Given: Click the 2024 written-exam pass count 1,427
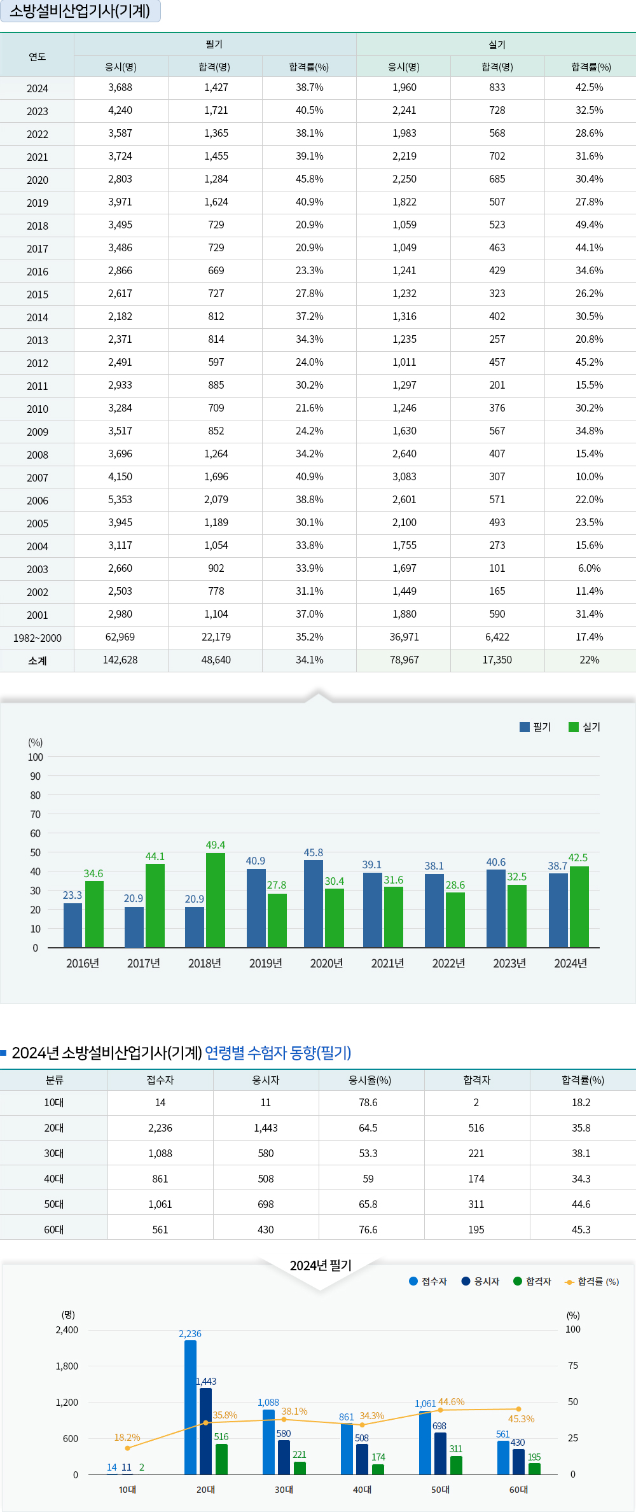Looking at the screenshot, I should [216, 88].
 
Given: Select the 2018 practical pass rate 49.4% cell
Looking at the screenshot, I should [589, 225].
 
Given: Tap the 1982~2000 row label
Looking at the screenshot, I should [37, 638].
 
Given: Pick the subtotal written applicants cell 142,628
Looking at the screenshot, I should [120, 660].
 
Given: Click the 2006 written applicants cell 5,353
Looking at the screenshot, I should [120, 500].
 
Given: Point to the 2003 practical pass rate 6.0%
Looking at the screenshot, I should [589, 569].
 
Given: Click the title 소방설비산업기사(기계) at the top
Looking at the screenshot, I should [80, 11].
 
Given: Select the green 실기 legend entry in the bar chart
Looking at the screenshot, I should [584, 727].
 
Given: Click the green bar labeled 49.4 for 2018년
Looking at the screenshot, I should [215, 900].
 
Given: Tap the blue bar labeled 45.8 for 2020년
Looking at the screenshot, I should [313, 903].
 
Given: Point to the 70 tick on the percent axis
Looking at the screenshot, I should [35, 814].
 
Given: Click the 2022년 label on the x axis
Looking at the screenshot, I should [448, 964].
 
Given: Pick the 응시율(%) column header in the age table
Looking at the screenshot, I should [370, 1080].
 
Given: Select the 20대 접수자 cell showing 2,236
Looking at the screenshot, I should [160, 1128].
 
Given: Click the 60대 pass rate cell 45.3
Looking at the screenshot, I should [581, 1230].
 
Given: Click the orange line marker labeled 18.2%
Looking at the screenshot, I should [127, 1448].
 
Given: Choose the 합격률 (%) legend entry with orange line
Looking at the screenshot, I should [591, 1282].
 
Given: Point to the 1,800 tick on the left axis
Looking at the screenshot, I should [67, 1366].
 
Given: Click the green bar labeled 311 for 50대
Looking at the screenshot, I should [456, 1465].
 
